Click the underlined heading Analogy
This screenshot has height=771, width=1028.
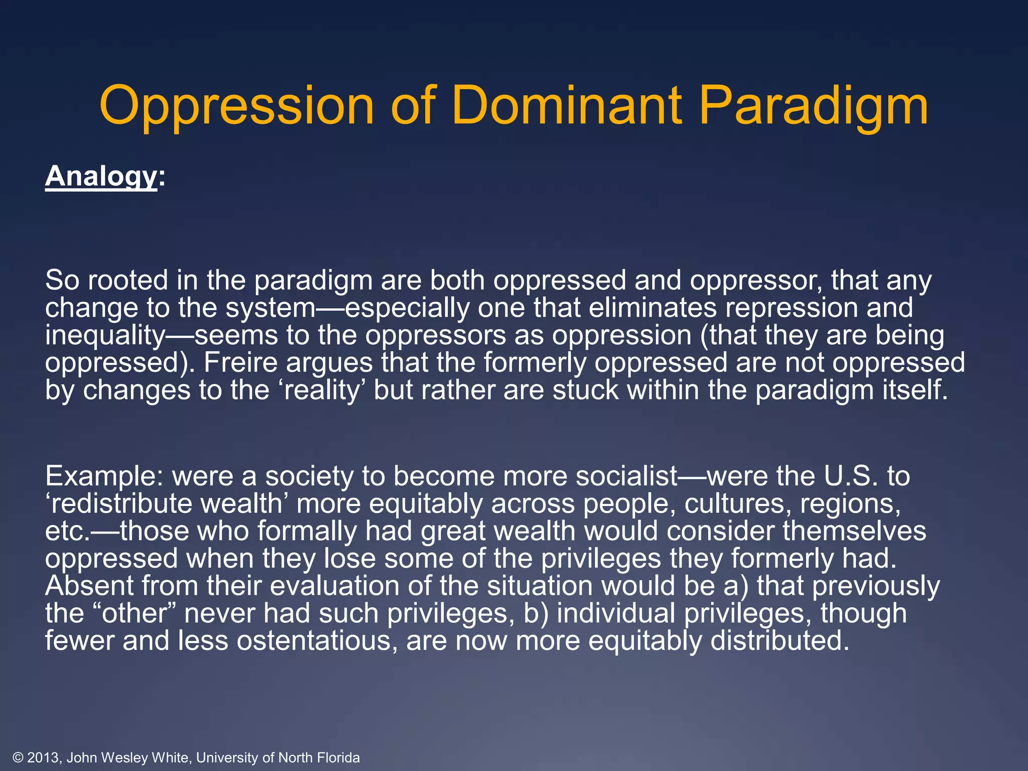[101, 177]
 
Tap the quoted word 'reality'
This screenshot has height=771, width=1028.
[321, 391]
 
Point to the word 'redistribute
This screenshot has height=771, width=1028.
[118, 503]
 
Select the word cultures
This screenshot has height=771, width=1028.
[738, 503]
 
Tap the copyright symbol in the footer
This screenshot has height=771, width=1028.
[18, 757]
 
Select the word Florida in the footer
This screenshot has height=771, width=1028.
[338, 757]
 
